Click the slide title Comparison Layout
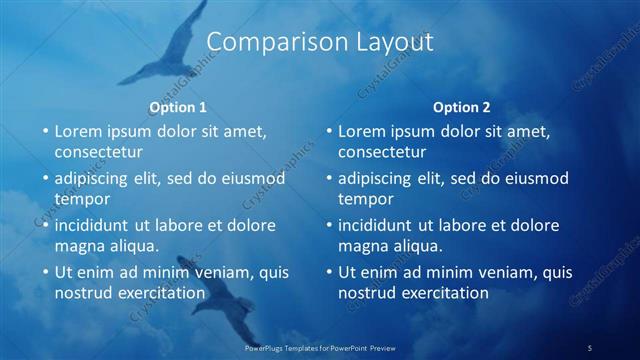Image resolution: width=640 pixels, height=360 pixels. (x=320, y=42)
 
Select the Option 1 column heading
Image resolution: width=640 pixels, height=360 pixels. (x=178, y=107)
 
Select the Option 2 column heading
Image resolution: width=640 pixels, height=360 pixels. (x=462, y=107)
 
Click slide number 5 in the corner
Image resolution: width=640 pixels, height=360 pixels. (x=590, y=347)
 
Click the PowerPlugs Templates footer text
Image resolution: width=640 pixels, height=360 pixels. (x=320, y=347)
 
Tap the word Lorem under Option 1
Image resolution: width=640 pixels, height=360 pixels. (x=77, y=131)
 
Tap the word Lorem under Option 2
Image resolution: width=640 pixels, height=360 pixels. (x=361, y=131)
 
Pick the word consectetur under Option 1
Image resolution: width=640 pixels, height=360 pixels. (x=98, y=152)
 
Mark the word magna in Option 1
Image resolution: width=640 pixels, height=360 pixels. (x=78, y=246)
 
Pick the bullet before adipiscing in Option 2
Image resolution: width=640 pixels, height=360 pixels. (x=329, y=179)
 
